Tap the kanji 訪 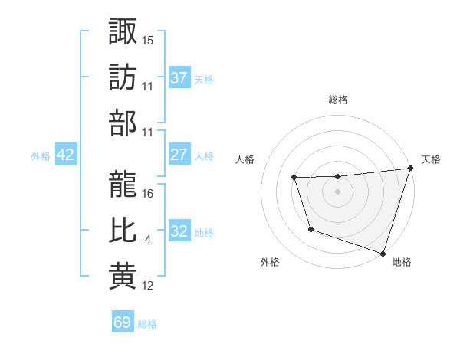pos(123,77)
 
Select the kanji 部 pos(123,123)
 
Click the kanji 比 pos(123,231)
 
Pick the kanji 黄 pos(123,277)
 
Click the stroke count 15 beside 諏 pos(148,40)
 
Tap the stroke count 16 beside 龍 pos(148,194)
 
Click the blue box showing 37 pos(179,78)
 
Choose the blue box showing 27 pos(179,155)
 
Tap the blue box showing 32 pos(179,231)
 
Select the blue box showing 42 pos(65,155)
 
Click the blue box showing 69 pos(123,322)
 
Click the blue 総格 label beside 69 pos(147,324)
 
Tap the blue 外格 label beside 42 pos(41,156)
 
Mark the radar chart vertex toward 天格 pos(410,169)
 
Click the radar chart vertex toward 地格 pos(383,253)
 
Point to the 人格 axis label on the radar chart pos(245,159)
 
